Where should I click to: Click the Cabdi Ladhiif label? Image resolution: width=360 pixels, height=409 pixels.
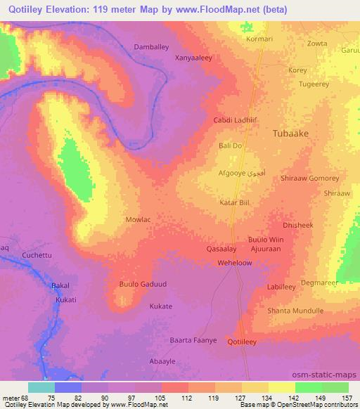[233, 120]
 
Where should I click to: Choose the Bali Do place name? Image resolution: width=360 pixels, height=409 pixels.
[231, 145]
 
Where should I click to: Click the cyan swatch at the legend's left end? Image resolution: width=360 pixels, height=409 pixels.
[41, 387]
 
